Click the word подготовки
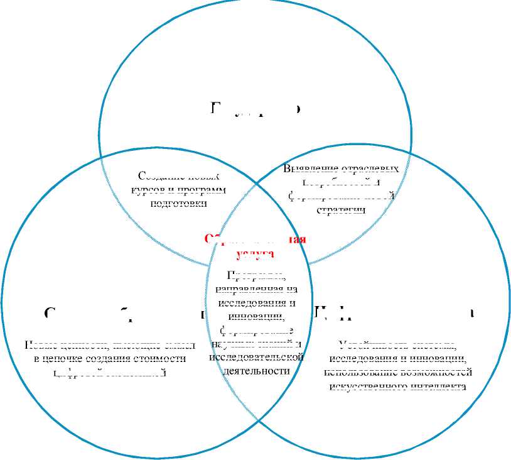[x=179, y=202]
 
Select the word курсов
[x=146, y=189]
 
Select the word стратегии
[x=341, y=209]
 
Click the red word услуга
[x=254, y=253]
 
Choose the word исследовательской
[x=256, y=357]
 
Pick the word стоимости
[x=163, y=358]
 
